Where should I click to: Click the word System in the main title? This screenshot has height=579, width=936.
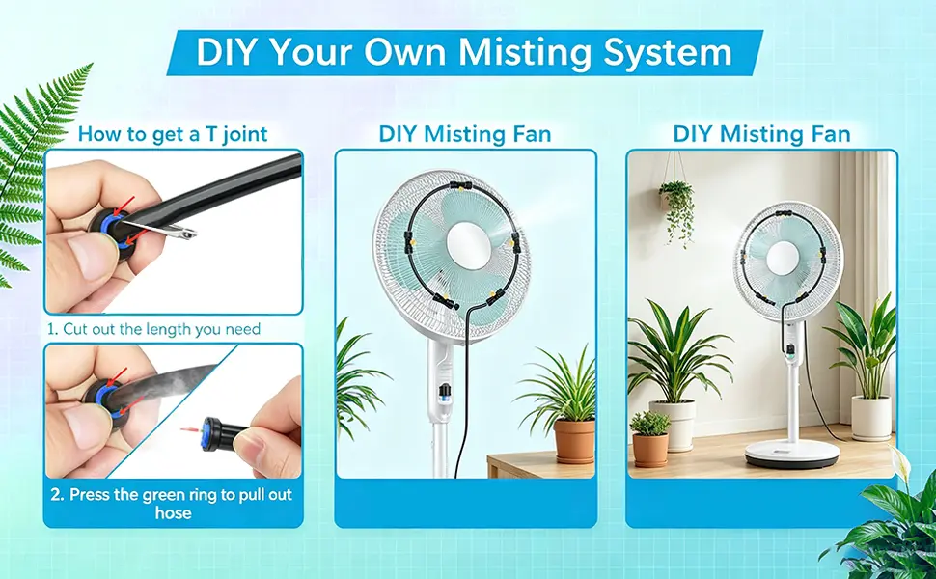[x=668, y=52]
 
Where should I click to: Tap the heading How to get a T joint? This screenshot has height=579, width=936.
[x=173, y=134]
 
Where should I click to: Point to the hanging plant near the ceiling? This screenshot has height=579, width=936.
[x=677, y=208]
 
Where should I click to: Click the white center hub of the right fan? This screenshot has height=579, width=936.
[x=782, y=258]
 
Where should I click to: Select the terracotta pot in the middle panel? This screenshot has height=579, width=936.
[x=574, y=440]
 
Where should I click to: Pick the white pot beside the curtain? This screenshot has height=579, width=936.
[x=871, y=418]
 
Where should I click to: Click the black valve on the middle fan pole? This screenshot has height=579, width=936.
[x=444, y=394]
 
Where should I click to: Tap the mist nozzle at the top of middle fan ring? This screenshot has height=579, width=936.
[x=458, y=184]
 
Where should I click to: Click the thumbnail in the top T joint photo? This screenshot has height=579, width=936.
[x=87, y=256]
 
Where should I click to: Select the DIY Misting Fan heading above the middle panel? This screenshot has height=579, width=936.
[x=465, y=134]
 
